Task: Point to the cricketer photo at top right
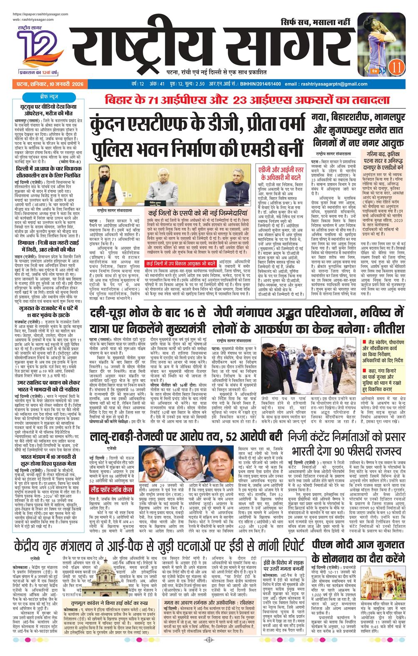tap(382, 40)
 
